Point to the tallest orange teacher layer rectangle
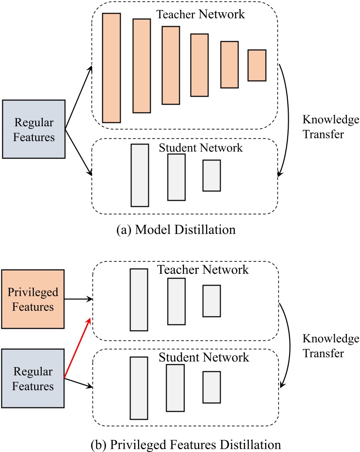point(111,68)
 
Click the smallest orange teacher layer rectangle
point(257,65)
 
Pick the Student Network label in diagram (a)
point(201,148)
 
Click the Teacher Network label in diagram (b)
point(203,270)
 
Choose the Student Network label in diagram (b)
point(203,357)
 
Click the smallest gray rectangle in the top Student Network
point(211,175)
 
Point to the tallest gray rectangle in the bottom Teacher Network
point(139,300)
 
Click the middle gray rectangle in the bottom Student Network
point(175,387)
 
